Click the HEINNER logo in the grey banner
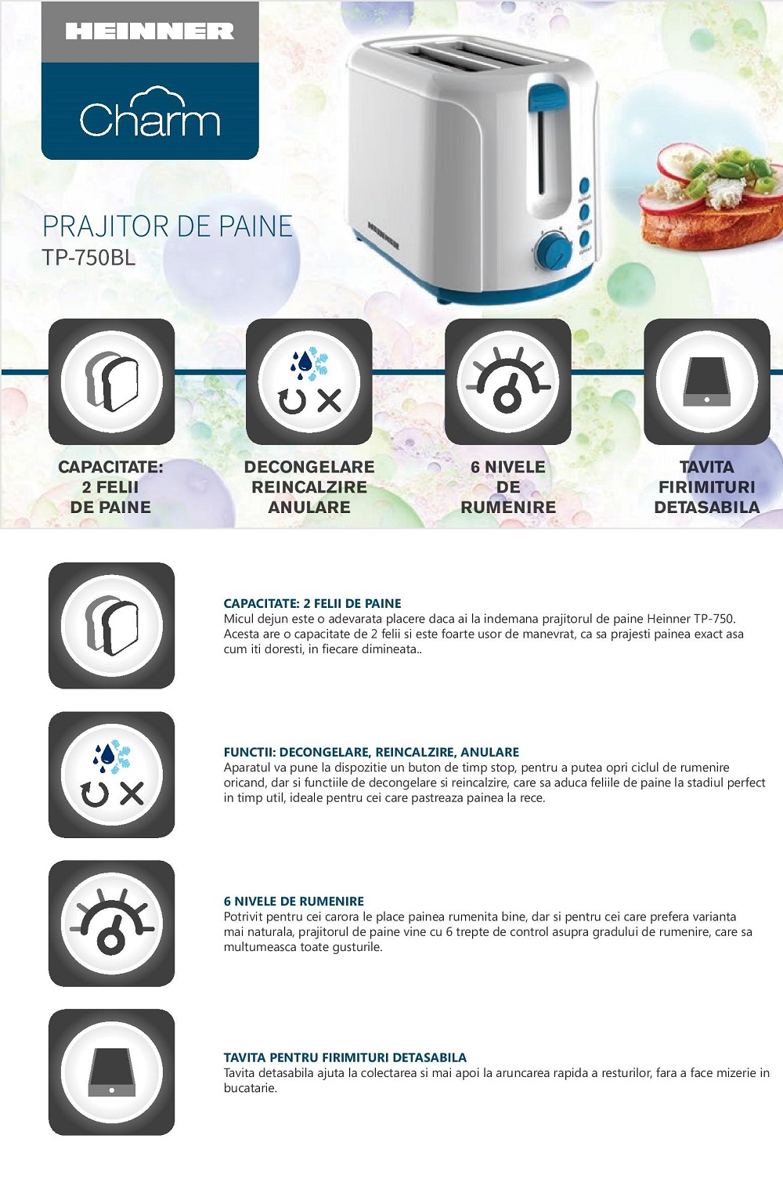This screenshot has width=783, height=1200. click(150, 31)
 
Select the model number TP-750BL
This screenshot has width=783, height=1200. click(89, 258)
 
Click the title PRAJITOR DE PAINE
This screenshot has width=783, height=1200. click(168, 226)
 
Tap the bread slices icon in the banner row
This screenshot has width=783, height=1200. click(111, 381)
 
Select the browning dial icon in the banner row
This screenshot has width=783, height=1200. click(507, 381)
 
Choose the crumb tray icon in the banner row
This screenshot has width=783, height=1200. click(706, 381)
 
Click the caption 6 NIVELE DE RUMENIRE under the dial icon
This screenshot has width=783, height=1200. click(507, 487)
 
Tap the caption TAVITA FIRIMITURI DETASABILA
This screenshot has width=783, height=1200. click(706, 487)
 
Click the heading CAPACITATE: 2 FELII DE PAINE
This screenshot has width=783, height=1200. click(312, 603)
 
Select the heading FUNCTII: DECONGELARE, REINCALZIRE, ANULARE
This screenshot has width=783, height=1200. click(371, 752)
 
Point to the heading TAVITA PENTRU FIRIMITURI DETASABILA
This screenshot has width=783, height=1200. click(345, 1057)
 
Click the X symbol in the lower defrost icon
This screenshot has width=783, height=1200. click(132, 793)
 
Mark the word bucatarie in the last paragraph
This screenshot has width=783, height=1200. click(250, 1088)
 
